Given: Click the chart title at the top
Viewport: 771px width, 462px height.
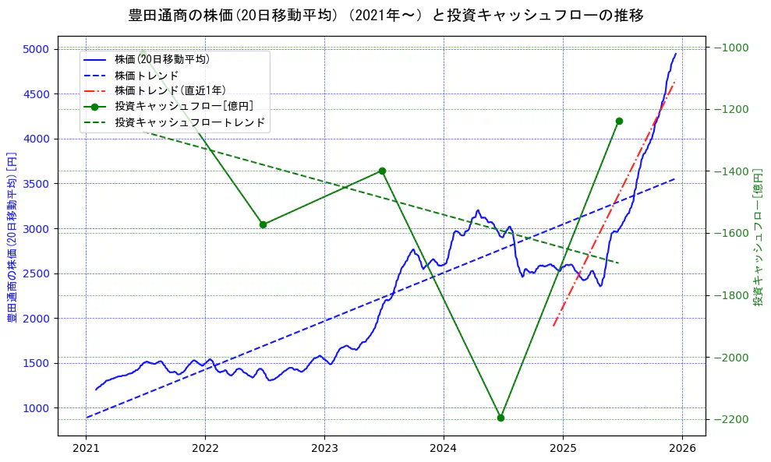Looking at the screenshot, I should click(386, 15).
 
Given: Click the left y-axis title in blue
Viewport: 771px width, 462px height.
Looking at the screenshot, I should click(12, 236).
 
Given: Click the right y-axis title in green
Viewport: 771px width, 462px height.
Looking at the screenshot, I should click(758, 236).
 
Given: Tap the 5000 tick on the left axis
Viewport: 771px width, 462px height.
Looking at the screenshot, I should click(36, 49).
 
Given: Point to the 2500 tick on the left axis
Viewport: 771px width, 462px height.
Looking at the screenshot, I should click(36, 273).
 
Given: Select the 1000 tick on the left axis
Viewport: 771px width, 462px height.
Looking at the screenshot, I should click(36, 408).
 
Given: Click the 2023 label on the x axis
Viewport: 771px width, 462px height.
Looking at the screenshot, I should click(324, 450).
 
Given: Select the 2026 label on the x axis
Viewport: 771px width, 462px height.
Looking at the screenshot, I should click(682, 450).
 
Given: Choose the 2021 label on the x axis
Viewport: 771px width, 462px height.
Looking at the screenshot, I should click(86, 450).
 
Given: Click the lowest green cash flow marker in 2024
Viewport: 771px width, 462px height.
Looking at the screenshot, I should click(500, 418).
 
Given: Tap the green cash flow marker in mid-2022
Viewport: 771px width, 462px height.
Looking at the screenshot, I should click(263, 224).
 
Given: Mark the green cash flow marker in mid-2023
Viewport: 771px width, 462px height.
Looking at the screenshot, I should click(382, 171).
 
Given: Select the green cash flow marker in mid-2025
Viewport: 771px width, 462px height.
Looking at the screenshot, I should click(619, 121).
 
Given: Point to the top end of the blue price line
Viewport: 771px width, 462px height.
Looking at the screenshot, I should click(675, 54).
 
